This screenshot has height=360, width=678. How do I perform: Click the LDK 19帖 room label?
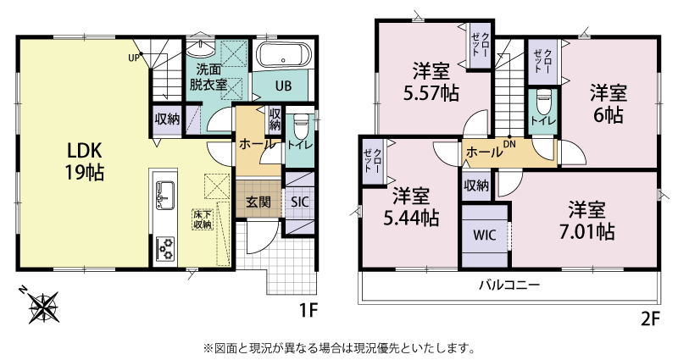(85, 162)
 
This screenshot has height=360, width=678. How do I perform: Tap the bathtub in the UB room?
(284, 56)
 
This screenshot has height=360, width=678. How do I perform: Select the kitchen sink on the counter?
(164, 195)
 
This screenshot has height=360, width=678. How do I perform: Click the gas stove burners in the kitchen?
(164, 249)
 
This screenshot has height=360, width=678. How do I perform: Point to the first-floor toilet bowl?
(300, 125)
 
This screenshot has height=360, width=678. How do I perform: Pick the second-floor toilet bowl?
(542, 102)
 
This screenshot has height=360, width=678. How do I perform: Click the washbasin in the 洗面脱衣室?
(201, 48)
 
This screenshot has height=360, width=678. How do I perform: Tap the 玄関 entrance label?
(258, 202)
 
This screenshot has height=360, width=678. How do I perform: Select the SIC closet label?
(300, 202)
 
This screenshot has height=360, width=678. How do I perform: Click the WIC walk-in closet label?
(484, 235)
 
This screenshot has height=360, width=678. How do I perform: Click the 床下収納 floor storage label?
(203, 219)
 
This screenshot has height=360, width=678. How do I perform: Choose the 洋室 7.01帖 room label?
(586, 221)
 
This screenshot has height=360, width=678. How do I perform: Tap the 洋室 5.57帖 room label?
(431, 82)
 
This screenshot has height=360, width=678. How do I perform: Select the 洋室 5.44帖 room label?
(411, 208)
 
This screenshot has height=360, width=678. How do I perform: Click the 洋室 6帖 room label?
(609, 104)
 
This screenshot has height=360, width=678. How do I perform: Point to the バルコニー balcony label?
(509, 285)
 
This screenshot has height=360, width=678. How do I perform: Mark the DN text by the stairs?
(509, 144)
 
